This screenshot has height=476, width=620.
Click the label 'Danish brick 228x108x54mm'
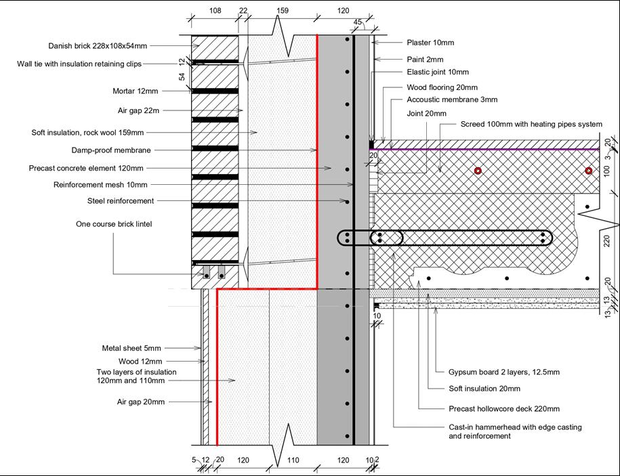pyautogui.click(x=98, y=46)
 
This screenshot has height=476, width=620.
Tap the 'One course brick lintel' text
pyautogui.click(x=114, y=224)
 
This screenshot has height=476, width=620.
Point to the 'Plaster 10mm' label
pyautogui.click(x=430, y=43)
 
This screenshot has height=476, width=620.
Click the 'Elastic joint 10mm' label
pyautogui.click(x=438, y=72)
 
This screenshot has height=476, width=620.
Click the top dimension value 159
pyautogui.click(x=283, y=11)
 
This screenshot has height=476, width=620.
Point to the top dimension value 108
pyautogui.click(x=215, y=11)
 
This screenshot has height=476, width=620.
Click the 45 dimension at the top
pyautogui.click(x=358, y=22)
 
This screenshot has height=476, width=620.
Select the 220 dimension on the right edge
pyautogui.click(x=607, y=240)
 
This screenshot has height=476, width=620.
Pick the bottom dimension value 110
pyautogui.click(x=292, y=460)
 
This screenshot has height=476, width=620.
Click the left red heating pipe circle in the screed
pyautogui.click(x=478, y=171)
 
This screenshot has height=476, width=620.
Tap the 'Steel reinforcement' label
pyautogui.click(x=121, y=200)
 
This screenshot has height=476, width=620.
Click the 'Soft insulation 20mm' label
pyautogui.click(x=484, y=389)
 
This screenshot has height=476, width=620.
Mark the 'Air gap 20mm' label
pyautogui.click(x=141, y=402)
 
